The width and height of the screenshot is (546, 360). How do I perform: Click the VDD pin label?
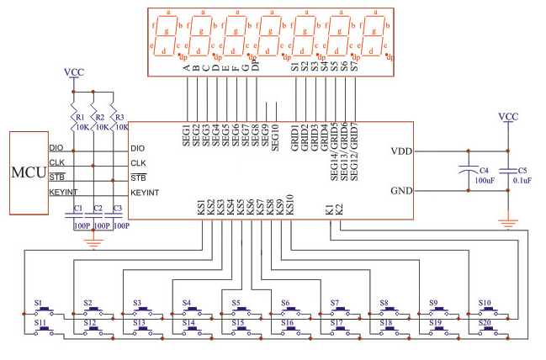(401, 151)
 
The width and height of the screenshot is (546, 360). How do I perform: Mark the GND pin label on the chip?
(401, 190)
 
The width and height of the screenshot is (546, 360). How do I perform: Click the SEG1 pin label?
(187, 135)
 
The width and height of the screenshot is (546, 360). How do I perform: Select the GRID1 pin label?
(294, 135)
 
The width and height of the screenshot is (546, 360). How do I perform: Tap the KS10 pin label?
(289, 204)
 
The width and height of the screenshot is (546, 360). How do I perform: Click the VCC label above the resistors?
(74, 72)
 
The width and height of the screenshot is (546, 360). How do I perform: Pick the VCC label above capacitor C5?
(508, 116)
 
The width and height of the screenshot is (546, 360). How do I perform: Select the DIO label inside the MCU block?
(56, 148)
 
